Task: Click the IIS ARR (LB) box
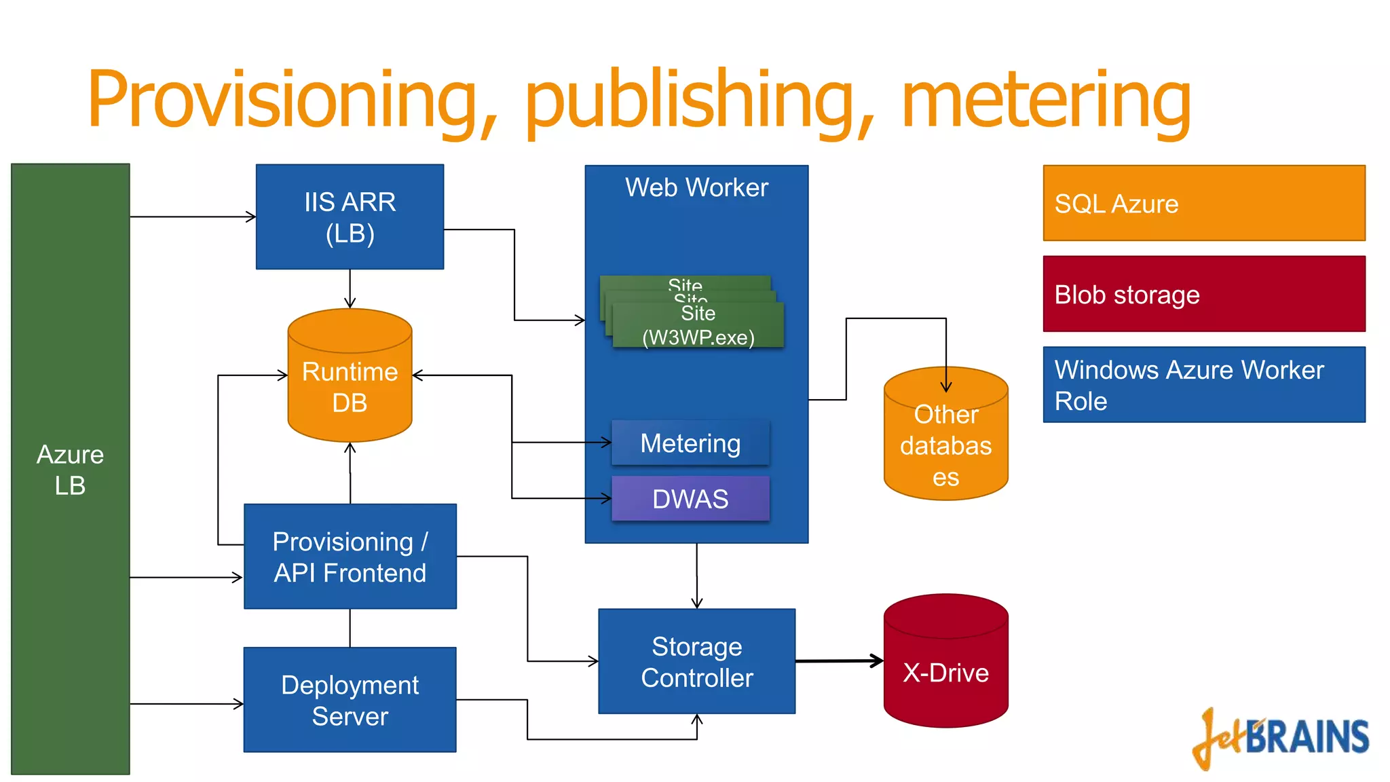tap(350, 217)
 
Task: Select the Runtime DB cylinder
tap(350, 387)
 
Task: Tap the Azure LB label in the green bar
tap(70, 470)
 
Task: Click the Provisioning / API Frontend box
tap(350, 557)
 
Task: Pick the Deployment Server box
tap(350, 700)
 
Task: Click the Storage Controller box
tap(696, 661)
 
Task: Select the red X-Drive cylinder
tap(945, 672)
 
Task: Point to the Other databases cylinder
tap(945, 445)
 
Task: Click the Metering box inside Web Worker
tap(690, 443)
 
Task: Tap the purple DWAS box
tap(690, 499)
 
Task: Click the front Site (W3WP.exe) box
tap(698, 326)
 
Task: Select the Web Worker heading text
tap(696, 187)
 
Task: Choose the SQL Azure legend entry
tap(1203, 203)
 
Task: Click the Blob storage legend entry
tap(1203, 294)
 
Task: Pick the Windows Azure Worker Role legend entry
tap(1203, 385)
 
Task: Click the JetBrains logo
tap(1281, 739)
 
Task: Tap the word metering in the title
tap(1045, 100)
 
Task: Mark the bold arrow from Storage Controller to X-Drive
tap(839, 660)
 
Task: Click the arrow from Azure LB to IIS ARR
tap(193, 217)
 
